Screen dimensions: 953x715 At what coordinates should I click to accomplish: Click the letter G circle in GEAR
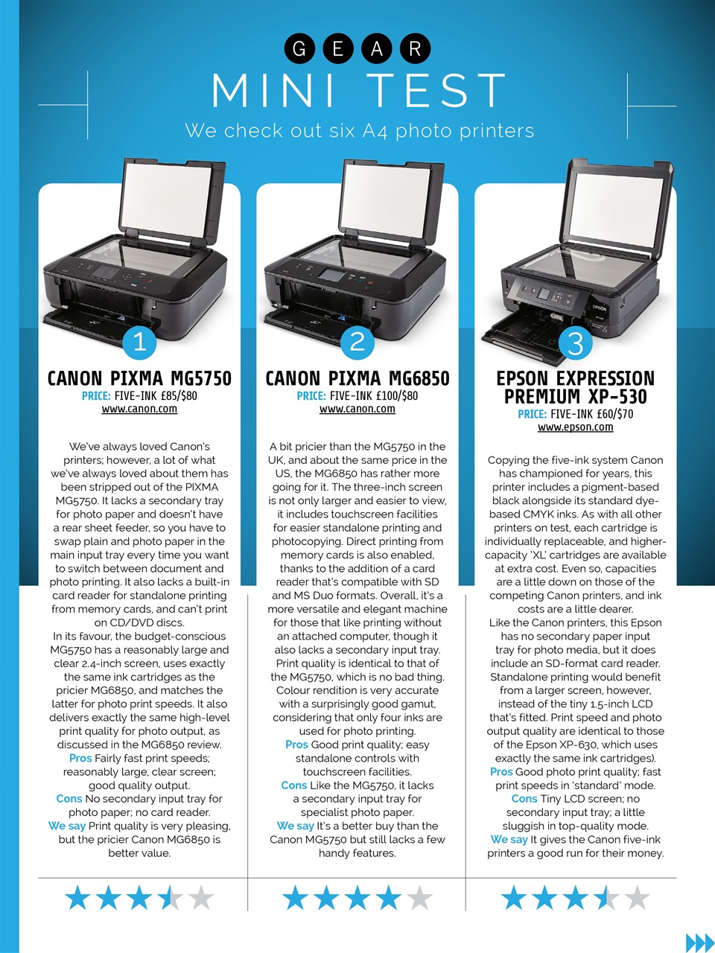[x=299, y=48]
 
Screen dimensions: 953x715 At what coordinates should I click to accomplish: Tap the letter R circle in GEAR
[x=415, y=48]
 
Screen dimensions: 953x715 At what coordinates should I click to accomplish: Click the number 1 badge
[x=139, y=342]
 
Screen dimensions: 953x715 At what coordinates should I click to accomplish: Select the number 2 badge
[x=357, y=342]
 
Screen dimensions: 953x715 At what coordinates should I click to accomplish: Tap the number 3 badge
[x=575, y=344]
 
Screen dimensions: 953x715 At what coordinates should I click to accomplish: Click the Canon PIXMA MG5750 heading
[x=139, y=378]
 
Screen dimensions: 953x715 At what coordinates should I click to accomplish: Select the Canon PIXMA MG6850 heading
[x=357, y=378]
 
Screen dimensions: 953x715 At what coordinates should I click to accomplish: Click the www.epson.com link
[x=575, y=427]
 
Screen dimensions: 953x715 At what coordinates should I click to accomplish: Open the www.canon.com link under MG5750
[x=139, y=409]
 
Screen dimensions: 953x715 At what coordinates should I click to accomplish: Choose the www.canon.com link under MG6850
[x=357, y=409]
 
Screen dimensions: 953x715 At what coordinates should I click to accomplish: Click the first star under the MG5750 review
[x=77, y=898]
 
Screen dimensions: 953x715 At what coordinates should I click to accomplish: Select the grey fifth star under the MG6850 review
[x=420, y=898]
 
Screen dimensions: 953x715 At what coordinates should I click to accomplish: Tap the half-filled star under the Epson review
[x=606, y=898]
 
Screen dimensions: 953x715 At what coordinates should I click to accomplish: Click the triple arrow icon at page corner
[x=699, y=942]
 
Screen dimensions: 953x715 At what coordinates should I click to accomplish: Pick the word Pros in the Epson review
[x=501, y=772]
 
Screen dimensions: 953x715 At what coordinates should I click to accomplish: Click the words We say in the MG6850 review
[x=295, y=826]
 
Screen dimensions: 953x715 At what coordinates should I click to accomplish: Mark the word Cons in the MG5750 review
[x=69, y=799]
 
